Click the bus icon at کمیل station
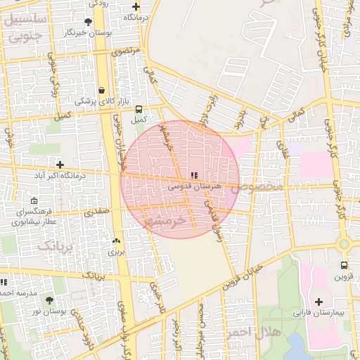point(139,109)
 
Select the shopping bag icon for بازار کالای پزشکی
point(103,90)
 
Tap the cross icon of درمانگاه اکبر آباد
point(59,165)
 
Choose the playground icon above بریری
point(116,240)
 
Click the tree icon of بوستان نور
point(68,300)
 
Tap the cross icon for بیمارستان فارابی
point(319,301)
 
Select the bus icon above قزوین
point(343,266)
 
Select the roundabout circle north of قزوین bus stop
point(344,244)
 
